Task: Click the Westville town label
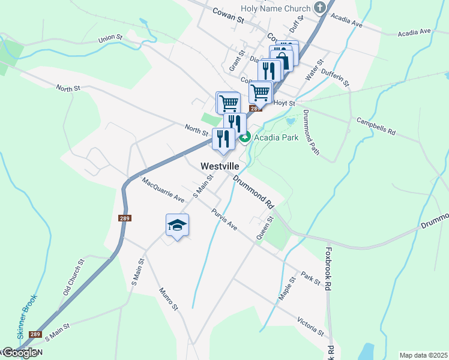[220, 166]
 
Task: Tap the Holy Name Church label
[275, 8]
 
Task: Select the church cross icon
[320, 8]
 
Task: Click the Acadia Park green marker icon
[245, 137]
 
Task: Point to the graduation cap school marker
[177, 225]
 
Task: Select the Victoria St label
[310, 325]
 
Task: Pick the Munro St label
[169, 299]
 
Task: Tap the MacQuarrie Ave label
[163, 189]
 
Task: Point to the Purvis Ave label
[224, 220]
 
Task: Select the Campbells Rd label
[376, 126]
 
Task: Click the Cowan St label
[229, 15]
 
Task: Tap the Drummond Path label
[311, 133]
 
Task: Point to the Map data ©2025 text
[424, 355]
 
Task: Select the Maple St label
[288, 289]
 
